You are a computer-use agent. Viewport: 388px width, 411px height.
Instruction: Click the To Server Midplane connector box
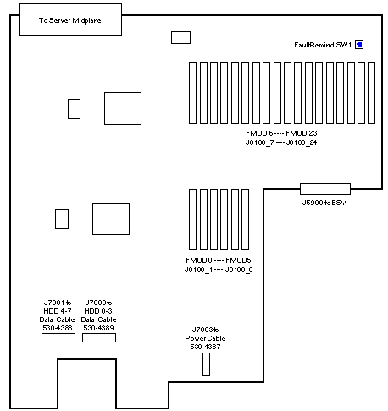click(70, 19)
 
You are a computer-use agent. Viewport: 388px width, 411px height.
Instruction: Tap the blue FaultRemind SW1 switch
click(359, 45)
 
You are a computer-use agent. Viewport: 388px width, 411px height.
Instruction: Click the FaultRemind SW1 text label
click(323, 45)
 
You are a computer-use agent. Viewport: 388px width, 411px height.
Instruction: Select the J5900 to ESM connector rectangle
click(325, 189)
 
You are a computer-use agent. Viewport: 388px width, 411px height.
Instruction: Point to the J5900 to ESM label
click(324, 203)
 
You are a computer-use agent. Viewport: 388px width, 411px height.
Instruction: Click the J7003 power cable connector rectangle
click(206, 364)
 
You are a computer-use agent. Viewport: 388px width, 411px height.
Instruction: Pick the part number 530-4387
click(205, 347)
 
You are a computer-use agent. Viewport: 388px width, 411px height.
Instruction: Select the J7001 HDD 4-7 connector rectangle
click(58, 337)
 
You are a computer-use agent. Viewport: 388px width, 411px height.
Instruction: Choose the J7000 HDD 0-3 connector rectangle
click(99, 337)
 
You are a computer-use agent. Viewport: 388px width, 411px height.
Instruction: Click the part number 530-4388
click(58, 328)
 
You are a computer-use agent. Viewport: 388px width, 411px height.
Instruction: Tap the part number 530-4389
click(98, 328)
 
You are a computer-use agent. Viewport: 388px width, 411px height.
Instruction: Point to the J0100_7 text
click(259, 142)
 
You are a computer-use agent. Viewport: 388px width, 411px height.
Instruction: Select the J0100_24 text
click(302, 142)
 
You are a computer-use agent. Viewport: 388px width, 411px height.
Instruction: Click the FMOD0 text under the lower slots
click(199, 260)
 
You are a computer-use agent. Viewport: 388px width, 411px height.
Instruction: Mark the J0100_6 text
click(239, 269)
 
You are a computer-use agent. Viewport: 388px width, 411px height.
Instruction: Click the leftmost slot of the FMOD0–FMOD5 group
click(192, 219)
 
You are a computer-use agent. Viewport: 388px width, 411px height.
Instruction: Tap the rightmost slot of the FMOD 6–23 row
click(372, 93)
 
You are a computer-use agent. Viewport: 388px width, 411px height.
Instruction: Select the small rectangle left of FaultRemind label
click(180, 37)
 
